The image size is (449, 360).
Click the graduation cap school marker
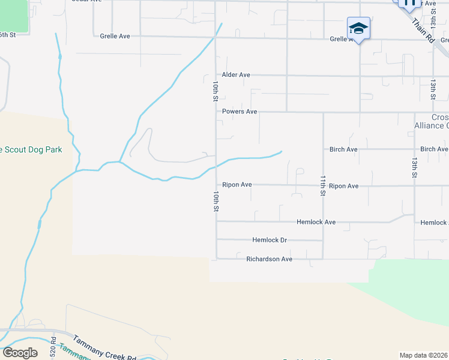click(358, 28)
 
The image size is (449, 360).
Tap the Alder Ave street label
click(236, 75)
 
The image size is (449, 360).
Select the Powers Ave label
click(240, 112)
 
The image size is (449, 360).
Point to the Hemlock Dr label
click(270, 240)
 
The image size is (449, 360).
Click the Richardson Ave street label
click(269, 259)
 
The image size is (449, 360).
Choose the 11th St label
click(322, 186)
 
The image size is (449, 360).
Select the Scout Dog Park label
click(31, 149)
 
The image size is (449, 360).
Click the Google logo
click(20, 353)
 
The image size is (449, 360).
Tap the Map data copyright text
click(423, 355)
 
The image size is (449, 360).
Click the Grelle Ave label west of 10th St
click(115, 37)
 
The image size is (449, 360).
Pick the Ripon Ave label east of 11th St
click(344, 186)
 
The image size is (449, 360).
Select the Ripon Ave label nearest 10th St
click(237, 185)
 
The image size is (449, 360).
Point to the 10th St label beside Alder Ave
click(214, 92)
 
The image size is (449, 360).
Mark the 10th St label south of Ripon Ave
click(214, 202)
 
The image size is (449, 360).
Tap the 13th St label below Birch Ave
click(414, 169)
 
